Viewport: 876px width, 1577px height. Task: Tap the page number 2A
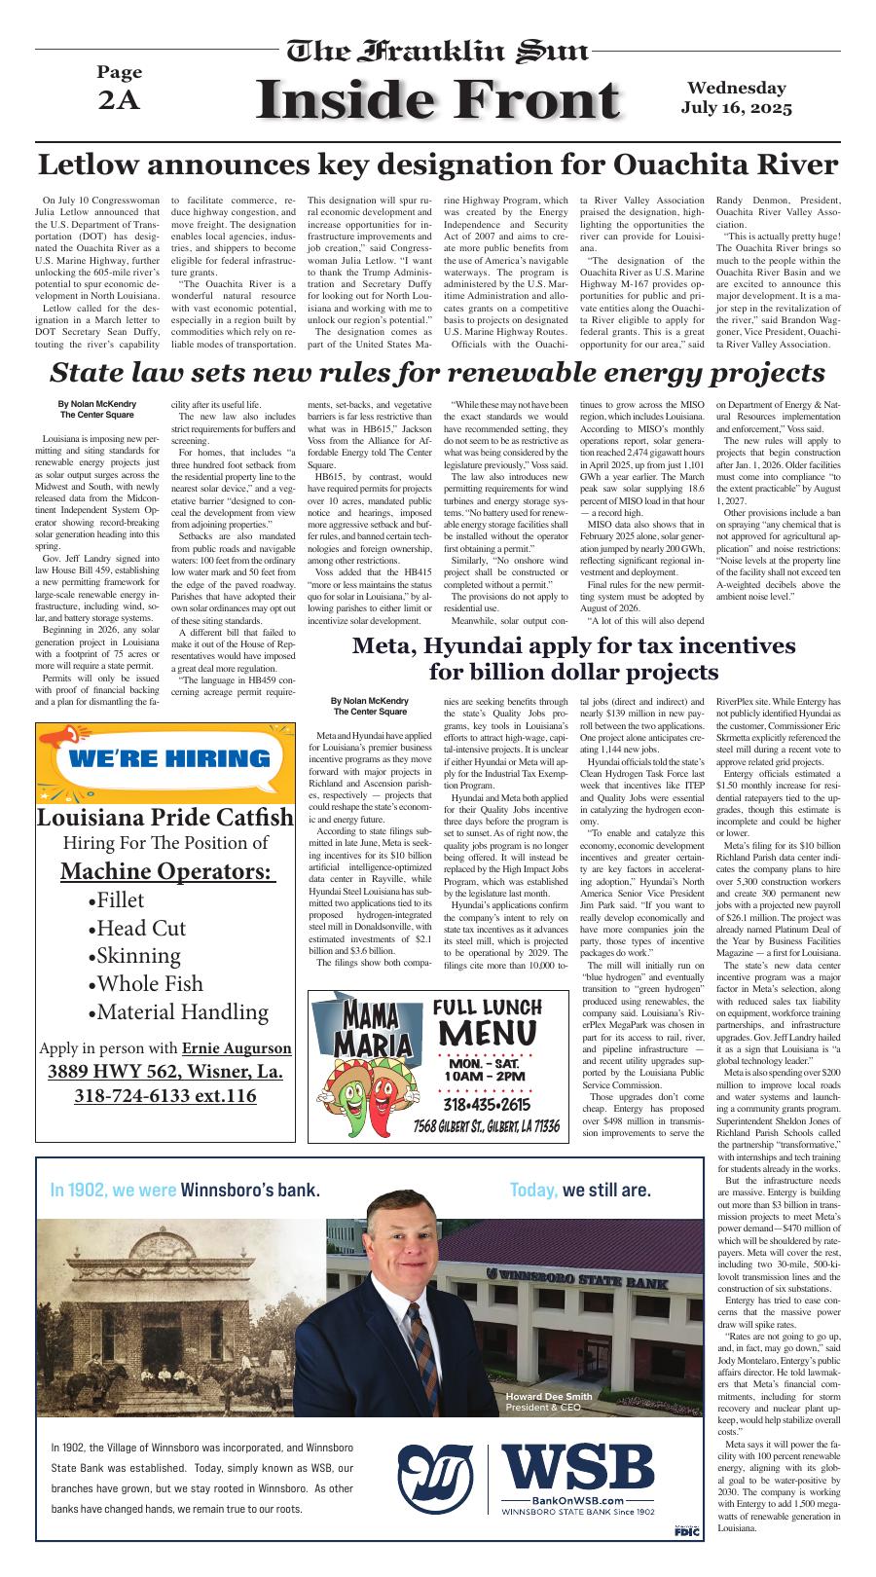point(119,101)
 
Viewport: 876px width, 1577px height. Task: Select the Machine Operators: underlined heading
point(164,870)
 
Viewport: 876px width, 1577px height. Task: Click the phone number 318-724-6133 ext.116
point(164,1095)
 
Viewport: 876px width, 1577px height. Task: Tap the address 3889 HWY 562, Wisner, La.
point(164,1071)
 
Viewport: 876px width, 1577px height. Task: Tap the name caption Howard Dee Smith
point(548,1396)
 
